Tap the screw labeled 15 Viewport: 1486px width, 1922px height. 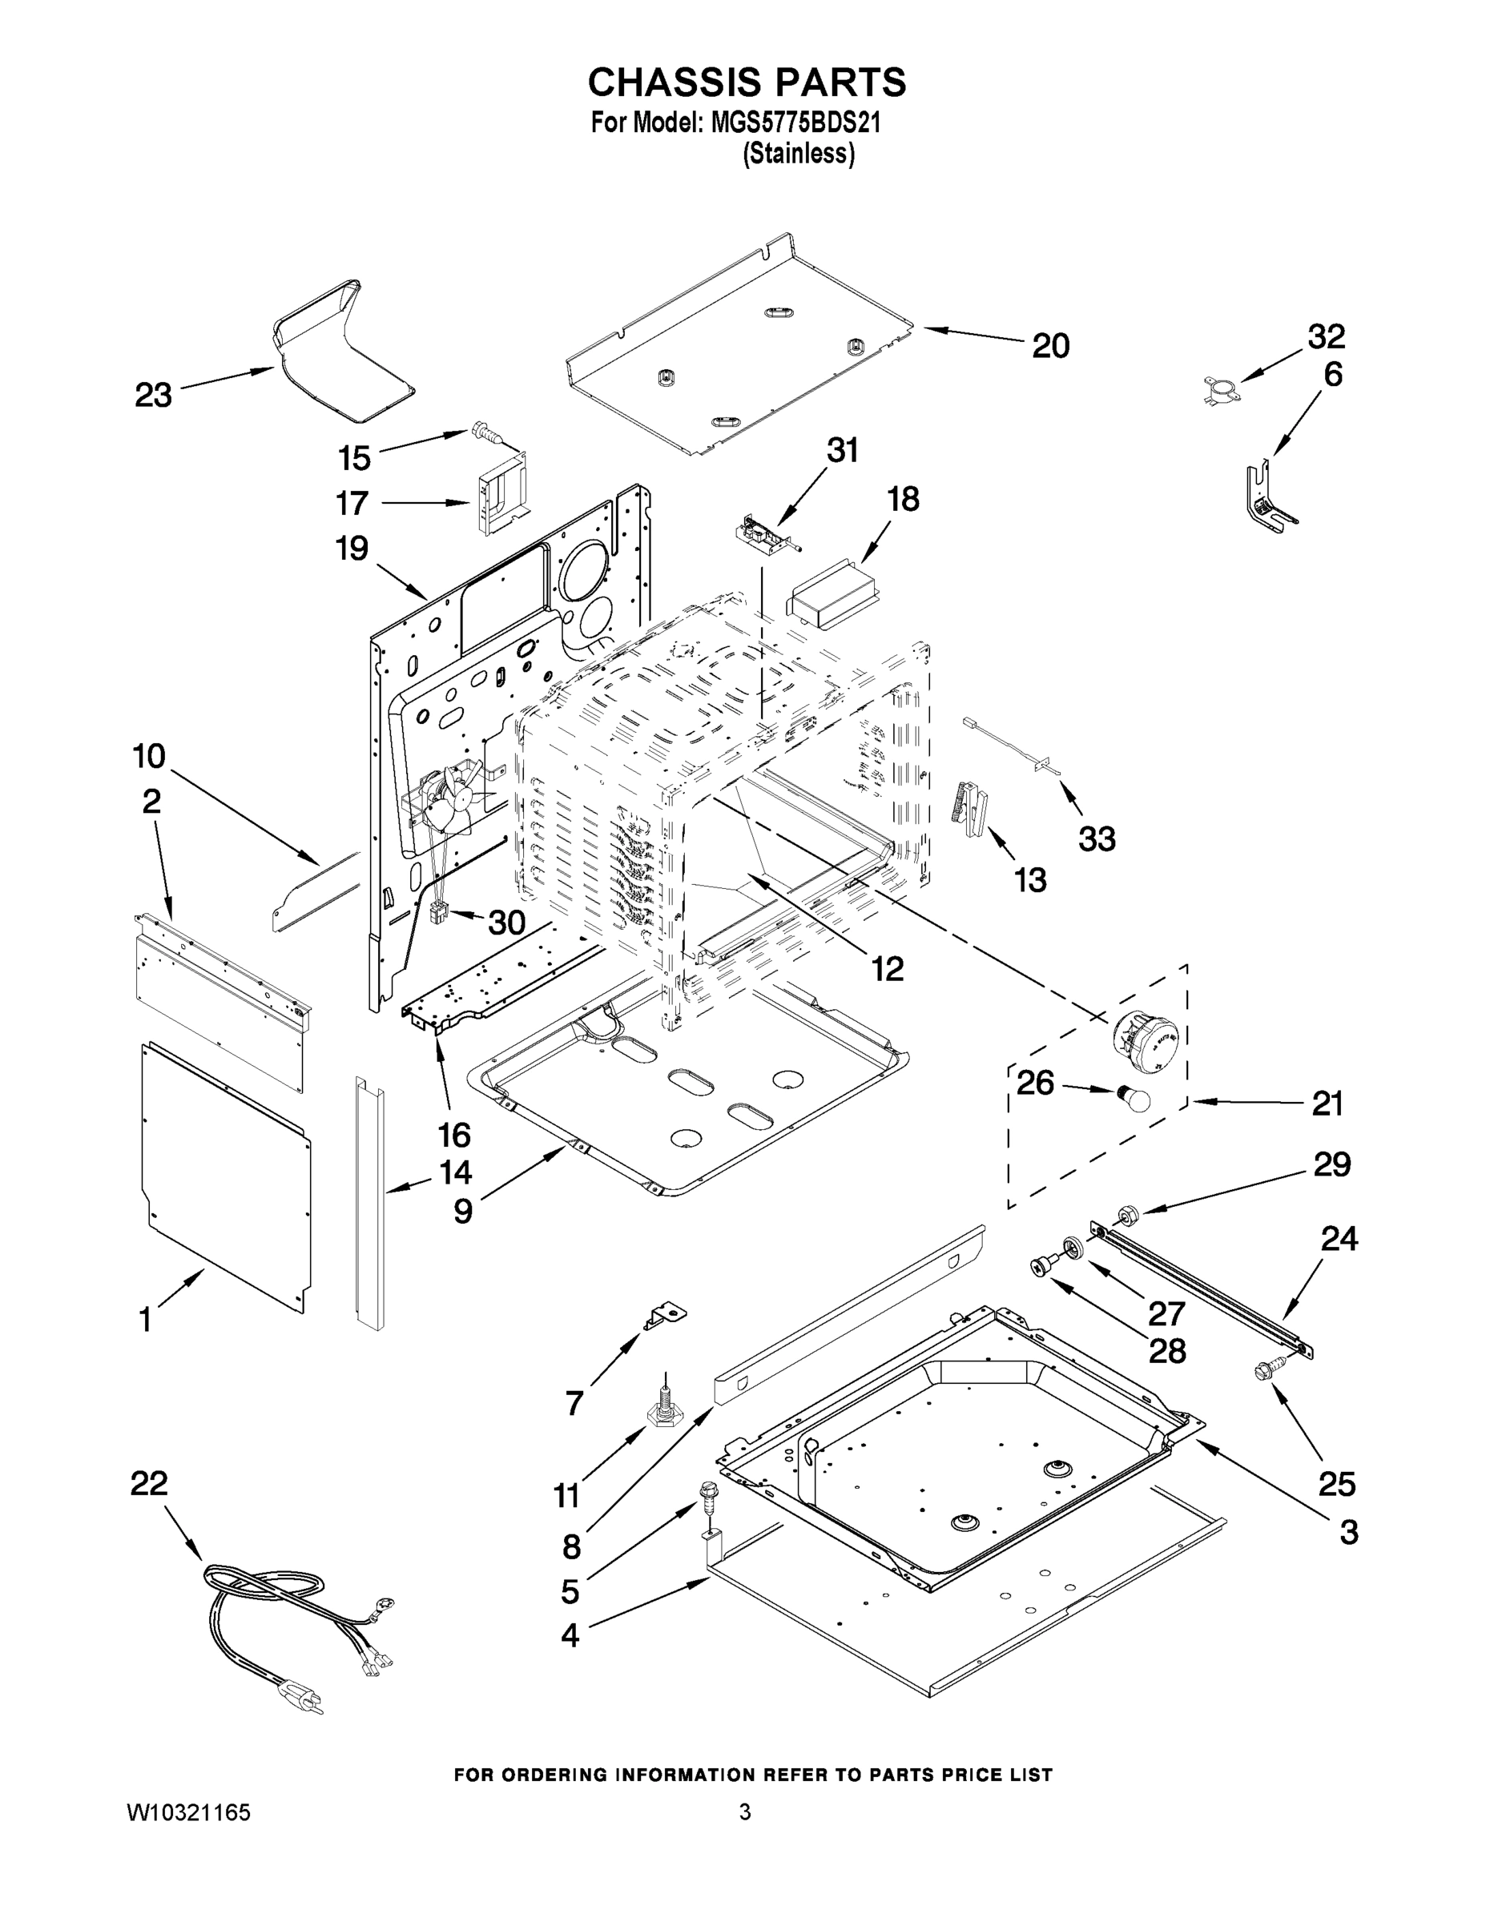(x=482, y=430)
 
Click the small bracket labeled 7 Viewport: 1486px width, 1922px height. (x=666, y=1317)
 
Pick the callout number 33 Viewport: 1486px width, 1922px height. (x=1097, y=838)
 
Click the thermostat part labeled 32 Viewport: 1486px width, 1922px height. (x=1219, y=388)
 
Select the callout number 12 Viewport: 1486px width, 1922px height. (x=888, y=969)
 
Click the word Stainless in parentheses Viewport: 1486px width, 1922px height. (x=799, y=154)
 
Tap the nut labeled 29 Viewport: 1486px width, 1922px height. (x=1126, y=1216)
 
